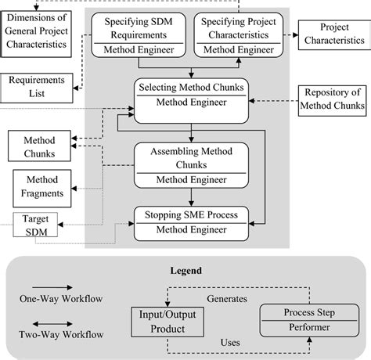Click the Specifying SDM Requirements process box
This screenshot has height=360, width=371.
[x=139, y=34]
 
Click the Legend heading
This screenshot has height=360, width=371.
[x=186, y=271]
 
